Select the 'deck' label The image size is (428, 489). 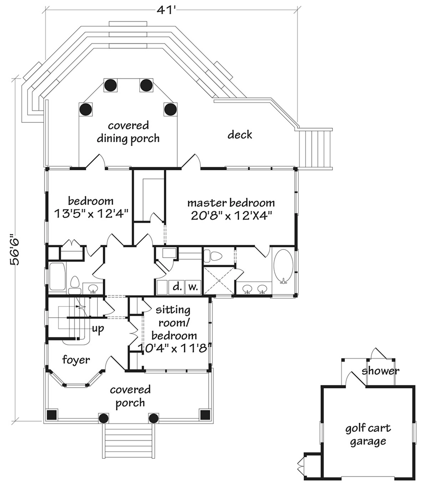[x=240, y=134]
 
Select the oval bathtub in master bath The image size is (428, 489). [x=282, y=267]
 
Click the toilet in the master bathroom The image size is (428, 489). [x=213, y=255]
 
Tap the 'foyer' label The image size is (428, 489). [x=76, y=360]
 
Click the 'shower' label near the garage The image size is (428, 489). [x=381, y=371]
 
